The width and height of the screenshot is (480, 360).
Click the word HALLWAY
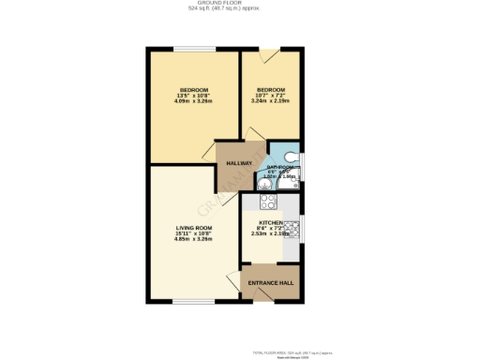point(239,163)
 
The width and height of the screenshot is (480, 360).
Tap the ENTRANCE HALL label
point(271,282)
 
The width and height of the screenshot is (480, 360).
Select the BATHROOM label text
point(280,168)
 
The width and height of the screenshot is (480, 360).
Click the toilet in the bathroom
point(291,156)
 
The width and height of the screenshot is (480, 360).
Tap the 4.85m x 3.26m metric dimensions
point(194,239)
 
